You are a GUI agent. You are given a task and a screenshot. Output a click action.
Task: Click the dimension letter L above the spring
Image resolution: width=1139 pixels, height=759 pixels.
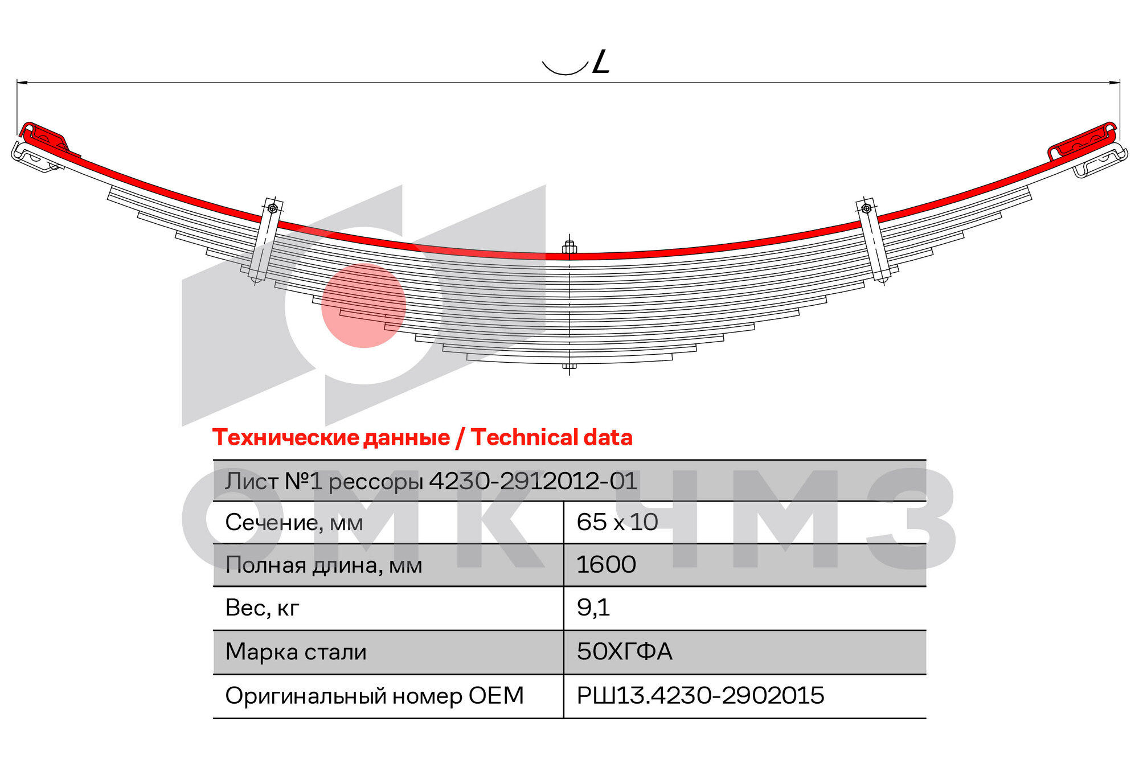(601, 61)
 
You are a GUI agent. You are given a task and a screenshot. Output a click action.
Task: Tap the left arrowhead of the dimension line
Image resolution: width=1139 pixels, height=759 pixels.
(22, 83)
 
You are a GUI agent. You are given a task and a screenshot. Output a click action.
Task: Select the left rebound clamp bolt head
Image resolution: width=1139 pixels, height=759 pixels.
(273, 208)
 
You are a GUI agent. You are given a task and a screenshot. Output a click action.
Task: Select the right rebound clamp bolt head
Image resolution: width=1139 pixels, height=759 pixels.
(866, 208)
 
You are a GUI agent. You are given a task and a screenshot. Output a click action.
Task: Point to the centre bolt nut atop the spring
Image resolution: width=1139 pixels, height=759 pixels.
(569, 248)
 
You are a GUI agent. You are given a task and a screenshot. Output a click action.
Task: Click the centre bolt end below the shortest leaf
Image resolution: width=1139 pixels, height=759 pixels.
(569, 367)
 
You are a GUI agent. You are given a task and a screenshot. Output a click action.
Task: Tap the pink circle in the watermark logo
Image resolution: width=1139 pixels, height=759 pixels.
(363, 305)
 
